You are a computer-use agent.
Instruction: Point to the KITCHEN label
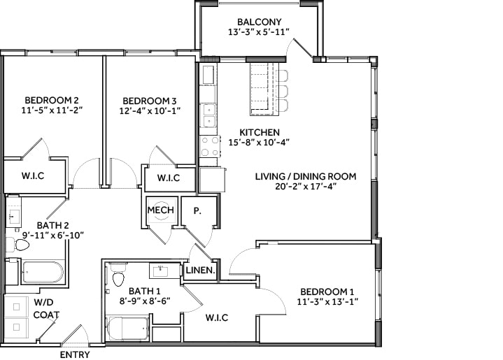[260, 132]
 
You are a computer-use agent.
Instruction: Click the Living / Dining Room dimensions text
[305, 187]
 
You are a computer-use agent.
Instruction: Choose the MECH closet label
[160, 210]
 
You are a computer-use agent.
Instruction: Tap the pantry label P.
[197, 210]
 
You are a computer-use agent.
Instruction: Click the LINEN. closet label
[200, 271]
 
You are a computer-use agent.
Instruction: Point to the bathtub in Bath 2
[42, 271]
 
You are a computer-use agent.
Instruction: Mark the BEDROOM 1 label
[327, 291]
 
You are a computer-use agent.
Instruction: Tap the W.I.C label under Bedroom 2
[33, 175]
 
